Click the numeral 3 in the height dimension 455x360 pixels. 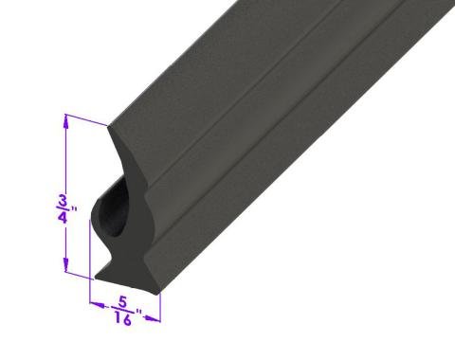64,202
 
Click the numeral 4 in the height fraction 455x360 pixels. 63,217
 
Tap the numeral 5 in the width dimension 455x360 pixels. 122,302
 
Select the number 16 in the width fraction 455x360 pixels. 122,319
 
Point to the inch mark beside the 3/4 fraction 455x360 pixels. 74,209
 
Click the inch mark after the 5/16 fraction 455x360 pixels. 138,313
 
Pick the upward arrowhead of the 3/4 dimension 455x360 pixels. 65,121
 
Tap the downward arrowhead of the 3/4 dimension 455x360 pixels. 66,264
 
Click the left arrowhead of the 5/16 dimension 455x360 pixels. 97,305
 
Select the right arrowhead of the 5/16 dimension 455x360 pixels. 153,318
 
